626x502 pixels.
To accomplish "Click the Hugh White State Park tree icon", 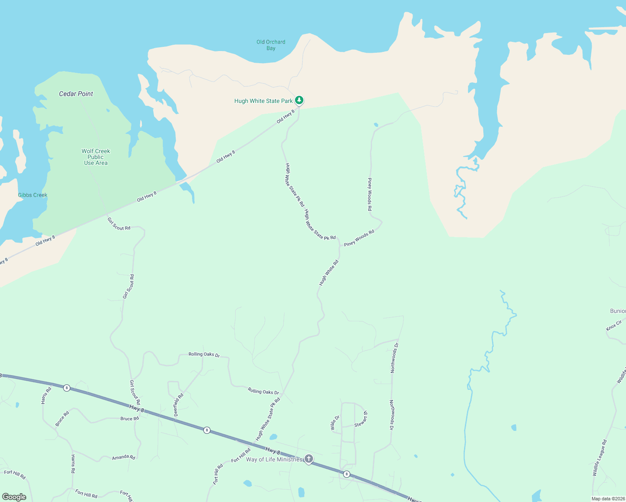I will pos(299,100).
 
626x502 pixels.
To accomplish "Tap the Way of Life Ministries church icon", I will pos(309,459).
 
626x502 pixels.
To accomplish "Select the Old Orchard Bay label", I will pos(271,45).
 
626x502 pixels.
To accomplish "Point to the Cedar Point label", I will pos(76,94).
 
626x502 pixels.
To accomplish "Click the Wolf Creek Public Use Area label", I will pos(96,157).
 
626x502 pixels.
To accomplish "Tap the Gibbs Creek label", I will pos(33,195).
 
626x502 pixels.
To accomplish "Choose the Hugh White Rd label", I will pos(329,273).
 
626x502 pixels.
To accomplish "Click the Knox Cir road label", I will pos(614,325).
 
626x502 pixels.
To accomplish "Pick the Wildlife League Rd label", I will pos(600,458).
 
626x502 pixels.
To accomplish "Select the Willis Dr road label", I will pos(335,423).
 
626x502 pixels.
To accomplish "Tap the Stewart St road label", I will pos(361,419).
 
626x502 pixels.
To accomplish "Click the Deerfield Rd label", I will pos(179,405).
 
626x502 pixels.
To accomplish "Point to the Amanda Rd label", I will pos(123,457).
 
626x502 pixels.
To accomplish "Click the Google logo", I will pos(14,497).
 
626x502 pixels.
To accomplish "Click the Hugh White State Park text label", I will pos(264,101).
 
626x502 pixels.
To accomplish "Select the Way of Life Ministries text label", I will pos(274,459).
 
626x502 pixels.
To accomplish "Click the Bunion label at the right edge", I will pos(618,311).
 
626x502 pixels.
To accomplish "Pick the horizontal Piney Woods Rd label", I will pos(359,238).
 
